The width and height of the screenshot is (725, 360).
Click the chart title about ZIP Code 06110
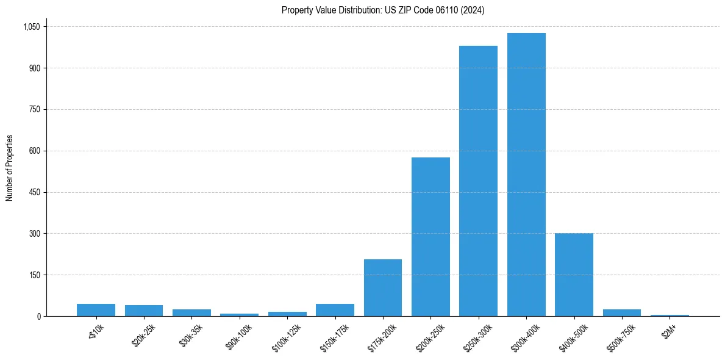coord(383,10)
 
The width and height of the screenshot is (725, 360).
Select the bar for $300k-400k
coord(526,175)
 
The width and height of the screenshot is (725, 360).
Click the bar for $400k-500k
coord(574,275)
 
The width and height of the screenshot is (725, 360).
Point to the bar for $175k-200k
coord(383,287)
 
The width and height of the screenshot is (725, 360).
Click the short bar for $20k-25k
coord(144,311)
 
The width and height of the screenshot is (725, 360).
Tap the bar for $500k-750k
coord(621,312)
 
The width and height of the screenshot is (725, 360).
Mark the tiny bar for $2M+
coord(670,315)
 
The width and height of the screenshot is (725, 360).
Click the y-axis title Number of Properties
coord(10,168)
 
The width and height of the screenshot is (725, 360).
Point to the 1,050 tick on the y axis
coord(31,27)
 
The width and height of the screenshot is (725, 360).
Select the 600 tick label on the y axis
coord(34,151)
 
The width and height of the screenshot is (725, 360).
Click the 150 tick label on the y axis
coord(34,275)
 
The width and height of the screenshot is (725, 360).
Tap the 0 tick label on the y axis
coord(38,316)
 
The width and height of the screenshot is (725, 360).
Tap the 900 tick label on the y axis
coord(34,68)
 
